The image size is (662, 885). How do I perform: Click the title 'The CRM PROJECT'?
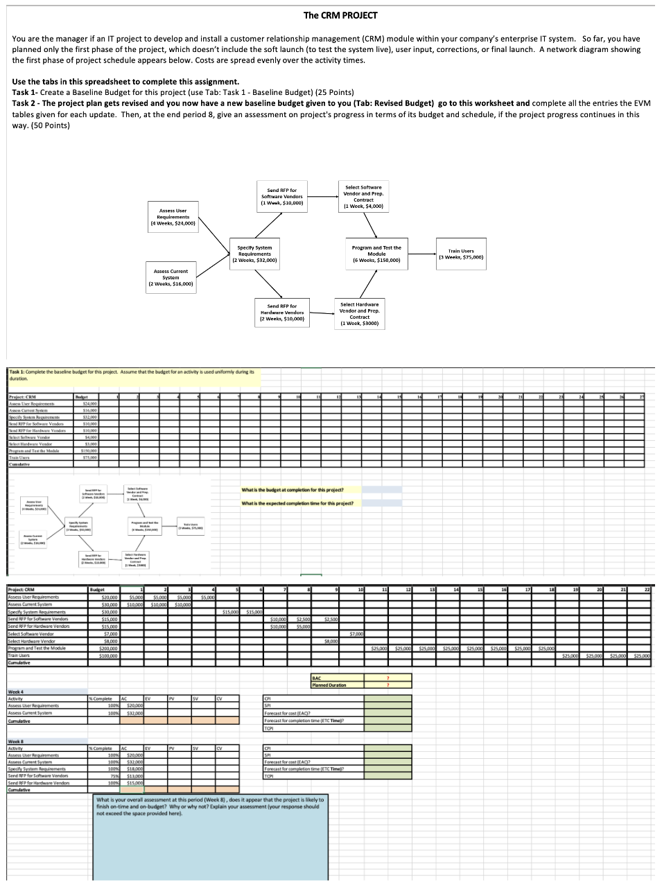tap(340, 15)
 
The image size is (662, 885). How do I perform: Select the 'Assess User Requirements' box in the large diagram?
tap(173, 217)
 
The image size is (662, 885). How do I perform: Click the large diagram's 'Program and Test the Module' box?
tap(376, 254)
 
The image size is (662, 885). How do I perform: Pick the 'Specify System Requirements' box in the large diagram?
tap(254, 254)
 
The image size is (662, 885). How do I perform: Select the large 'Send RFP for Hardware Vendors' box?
tap(282, 312)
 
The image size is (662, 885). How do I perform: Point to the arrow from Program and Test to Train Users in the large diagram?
tap(419, 254)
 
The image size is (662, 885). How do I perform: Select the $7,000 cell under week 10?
tap(356, 633)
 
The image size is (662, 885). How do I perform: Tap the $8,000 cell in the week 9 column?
tap(331, 641)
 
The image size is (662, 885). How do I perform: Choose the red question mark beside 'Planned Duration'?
tap(387, 685)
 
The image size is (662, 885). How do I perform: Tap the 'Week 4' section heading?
tap(16, 692)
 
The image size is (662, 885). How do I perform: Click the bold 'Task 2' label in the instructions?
tap(24, 103)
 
